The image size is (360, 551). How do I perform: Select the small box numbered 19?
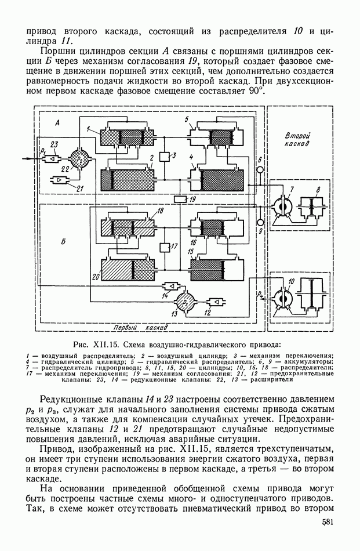pos(181,200)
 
